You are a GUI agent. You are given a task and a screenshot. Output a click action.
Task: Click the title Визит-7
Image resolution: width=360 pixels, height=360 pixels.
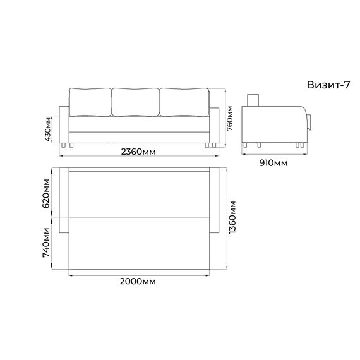[x=328, y=85]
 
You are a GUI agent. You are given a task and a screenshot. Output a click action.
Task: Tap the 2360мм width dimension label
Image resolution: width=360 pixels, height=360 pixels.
[x=138, y=152]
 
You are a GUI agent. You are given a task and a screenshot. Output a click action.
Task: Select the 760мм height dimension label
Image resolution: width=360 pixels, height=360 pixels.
[x=230, y=119]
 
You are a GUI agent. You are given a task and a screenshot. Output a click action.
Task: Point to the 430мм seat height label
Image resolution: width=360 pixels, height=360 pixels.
[x=48, y=129]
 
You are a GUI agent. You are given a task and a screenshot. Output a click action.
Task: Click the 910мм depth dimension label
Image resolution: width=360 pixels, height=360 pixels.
[x=273, y=163]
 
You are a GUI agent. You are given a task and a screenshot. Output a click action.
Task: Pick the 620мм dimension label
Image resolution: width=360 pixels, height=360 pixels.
[x=45, y=193]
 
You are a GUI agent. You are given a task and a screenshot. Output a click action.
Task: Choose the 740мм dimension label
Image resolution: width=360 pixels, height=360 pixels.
[x=45, y=243]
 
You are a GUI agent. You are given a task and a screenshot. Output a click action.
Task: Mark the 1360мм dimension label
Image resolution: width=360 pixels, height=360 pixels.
[x=232, y=217]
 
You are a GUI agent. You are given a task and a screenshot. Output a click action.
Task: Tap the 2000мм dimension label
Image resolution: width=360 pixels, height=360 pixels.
[x=138, y=281]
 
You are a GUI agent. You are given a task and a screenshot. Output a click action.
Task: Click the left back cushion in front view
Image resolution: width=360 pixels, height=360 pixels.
[x=90, y=102]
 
